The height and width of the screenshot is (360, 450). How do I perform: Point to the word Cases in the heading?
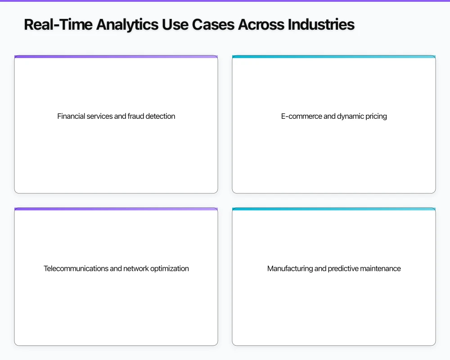point(213,25)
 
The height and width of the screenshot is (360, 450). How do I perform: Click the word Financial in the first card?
point(71,116)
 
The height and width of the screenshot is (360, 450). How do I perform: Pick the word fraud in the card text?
point(135,116)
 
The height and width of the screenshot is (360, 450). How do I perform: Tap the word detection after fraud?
point(160,116)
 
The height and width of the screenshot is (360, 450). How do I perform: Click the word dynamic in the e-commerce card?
point(349,116)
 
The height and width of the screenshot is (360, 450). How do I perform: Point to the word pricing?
point(376,116)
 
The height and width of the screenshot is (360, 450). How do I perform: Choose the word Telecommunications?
point(76,269)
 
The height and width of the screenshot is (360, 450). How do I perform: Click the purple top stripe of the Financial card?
point(116,57)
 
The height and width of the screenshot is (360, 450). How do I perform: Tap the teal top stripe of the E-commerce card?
point(334,57)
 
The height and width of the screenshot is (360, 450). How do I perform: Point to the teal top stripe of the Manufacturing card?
point(334,209)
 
